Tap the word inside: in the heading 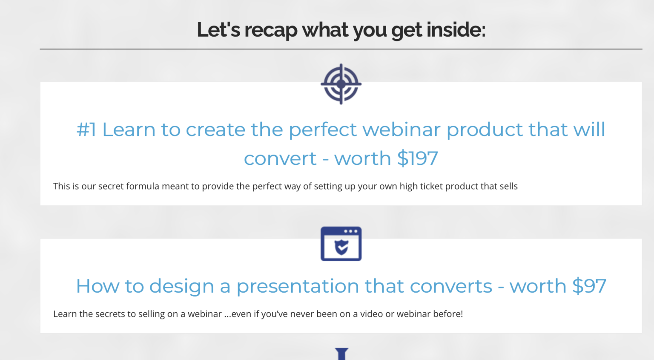click(x=456, y=29)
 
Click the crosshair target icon click(x=341, y=84)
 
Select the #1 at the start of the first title click(x=86, y=130)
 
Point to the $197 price click(x=418, y=158)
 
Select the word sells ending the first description click(x=508, y=186)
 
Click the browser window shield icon click(x=341, y=244)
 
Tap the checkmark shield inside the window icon click(x=341, y=247)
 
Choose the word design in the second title click(x=182, y=286)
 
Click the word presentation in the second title click(x=298, y=286)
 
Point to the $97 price click(x=589, y=286)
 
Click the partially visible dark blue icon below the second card click(x=341, y=354)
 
